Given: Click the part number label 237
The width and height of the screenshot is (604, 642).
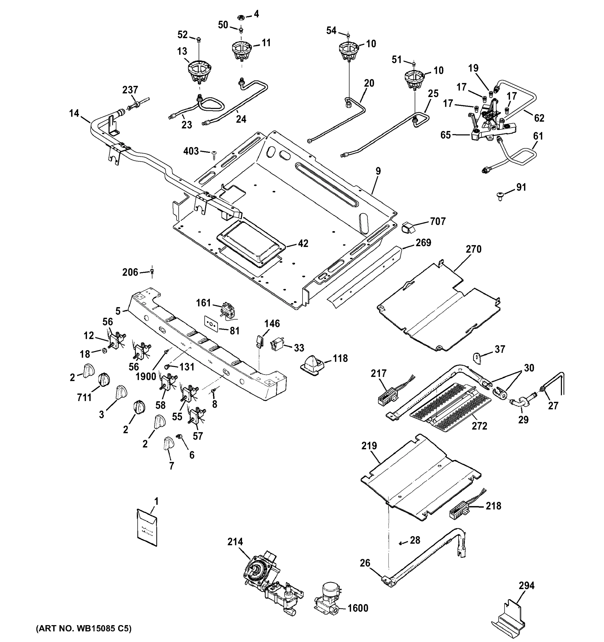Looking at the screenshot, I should coord(130,90).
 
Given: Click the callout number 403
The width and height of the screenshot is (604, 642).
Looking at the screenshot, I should coord(191,151).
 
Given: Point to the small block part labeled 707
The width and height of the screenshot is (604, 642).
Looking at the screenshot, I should coord(407,227).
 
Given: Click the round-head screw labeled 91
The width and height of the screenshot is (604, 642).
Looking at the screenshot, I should coord(499,196).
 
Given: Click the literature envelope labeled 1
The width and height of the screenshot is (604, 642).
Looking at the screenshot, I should coord(147,527).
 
